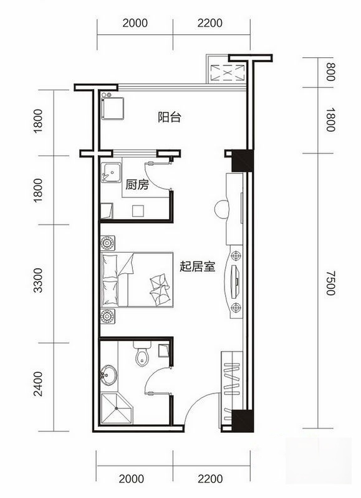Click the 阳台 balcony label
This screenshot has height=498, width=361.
pyautogui.click(x=169, y=116)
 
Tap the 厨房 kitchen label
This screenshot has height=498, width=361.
pyautogui.click(x=137, y=185)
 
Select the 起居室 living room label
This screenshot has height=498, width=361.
pyautogui.click(x=197, y=267)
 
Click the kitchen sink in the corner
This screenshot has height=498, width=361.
pyautogui.click(x=112, y=172)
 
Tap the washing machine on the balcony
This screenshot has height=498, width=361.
pyautogui.click(x=113, y=108)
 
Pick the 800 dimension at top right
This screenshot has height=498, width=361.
pyautogui.click(x=330, y=73)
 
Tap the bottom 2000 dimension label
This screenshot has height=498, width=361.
pyautogui.click(x=135, y=479)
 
